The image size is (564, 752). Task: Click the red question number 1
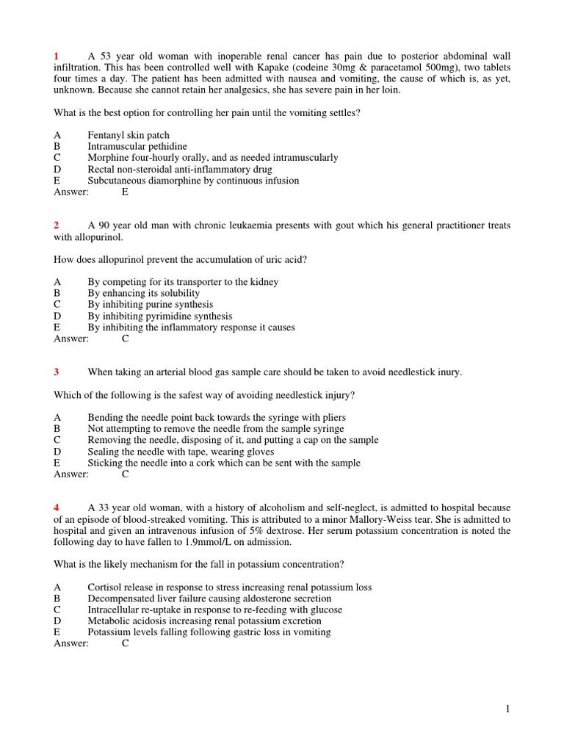pyautogui.click(x=57, y=57)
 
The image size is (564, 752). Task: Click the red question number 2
pyautogui.click(x=57, y=225)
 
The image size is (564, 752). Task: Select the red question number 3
pyautogui.click(x=57, y=372)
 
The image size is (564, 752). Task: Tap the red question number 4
pyautogui.click(x=57, y=508)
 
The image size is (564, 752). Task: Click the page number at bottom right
pyautogui.click(x=507, y=709)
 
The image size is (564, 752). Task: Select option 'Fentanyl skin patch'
pyautogui.click(x=129, y=135)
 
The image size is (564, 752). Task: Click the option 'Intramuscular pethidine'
pyautogui.click(x=137, y=147)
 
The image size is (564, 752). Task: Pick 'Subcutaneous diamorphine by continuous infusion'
pyautogui.click(x=193, y=181)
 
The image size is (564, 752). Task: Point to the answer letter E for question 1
pyautogui.click(x=125, y=192)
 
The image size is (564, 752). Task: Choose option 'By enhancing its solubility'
pyautogui.click(x=143, y=293)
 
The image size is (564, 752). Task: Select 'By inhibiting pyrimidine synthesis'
pyautogui.click(x=159, y=317)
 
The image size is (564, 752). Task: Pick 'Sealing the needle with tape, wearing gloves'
pyautogui.click(x=181, y=452)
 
